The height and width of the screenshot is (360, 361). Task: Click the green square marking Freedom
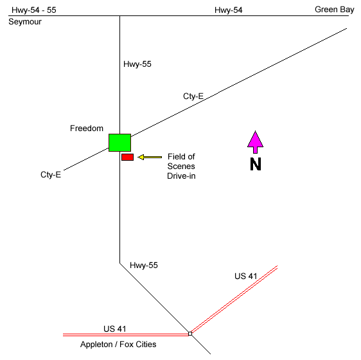click(x=119, y=143)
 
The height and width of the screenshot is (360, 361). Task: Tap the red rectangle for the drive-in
click(x=128, y=157)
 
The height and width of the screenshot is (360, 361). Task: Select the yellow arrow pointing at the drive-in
click(x=150, y=157)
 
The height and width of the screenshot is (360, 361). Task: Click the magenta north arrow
click(x=255, y=142)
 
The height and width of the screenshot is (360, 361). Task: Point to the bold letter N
click(x=256, y=164)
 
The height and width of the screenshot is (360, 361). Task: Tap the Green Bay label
click(x=334, y=10)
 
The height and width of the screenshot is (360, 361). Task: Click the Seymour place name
click(x=25, y=22)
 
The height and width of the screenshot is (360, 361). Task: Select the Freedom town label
click(x=87, y=129)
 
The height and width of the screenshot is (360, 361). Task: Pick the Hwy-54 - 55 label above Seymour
click(x=34, y=10)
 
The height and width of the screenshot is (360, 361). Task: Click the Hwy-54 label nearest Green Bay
click(x=229, y=10)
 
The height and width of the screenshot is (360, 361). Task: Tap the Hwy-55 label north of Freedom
click(x=137, y=64)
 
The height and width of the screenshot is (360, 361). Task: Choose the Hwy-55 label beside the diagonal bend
click(x=144, y=265)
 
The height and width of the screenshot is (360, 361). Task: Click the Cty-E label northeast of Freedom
click(x=193, y=96)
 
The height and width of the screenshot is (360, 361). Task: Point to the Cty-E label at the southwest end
click(x=51, y=175)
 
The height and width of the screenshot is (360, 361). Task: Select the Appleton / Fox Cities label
click(x=118, y=345)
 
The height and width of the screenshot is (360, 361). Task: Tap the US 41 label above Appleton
click(x=114, y=329)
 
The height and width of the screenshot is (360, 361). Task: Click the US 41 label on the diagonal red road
click(x=245, y=276)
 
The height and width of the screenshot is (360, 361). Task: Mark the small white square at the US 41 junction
click(x=190, y=334)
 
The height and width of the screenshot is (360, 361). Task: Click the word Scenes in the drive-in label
click(x=181, y=166)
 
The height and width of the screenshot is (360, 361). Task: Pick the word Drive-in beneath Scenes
click(x=181, y=176)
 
